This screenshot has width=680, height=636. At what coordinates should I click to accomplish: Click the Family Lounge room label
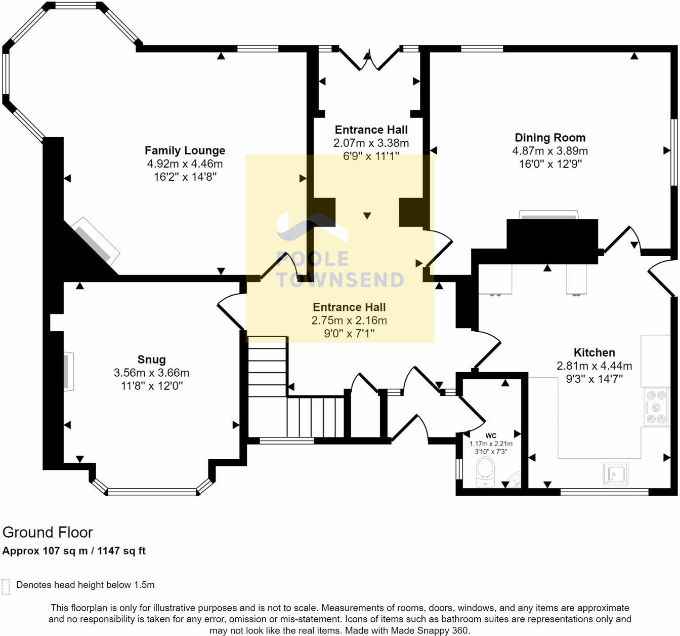185,150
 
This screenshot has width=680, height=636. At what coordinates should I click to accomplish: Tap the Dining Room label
550,137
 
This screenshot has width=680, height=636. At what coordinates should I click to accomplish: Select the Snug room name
151,360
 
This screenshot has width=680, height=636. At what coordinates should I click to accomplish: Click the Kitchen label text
594,352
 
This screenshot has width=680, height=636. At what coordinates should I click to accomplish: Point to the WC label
491,435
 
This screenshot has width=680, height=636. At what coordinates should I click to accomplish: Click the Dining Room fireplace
549,215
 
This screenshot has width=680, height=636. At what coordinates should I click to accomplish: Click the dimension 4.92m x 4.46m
185,164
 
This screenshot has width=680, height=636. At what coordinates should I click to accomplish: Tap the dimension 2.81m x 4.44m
594,366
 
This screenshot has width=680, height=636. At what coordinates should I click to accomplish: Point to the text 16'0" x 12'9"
550,164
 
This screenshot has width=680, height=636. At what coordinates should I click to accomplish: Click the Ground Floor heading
48,532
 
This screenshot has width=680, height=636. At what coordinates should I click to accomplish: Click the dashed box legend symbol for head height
6,586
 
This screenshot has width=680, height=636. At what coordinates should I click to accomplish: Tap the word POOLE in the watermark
312,259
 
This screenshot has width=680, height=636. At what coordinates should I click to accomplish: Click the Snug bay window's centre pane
152,491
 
